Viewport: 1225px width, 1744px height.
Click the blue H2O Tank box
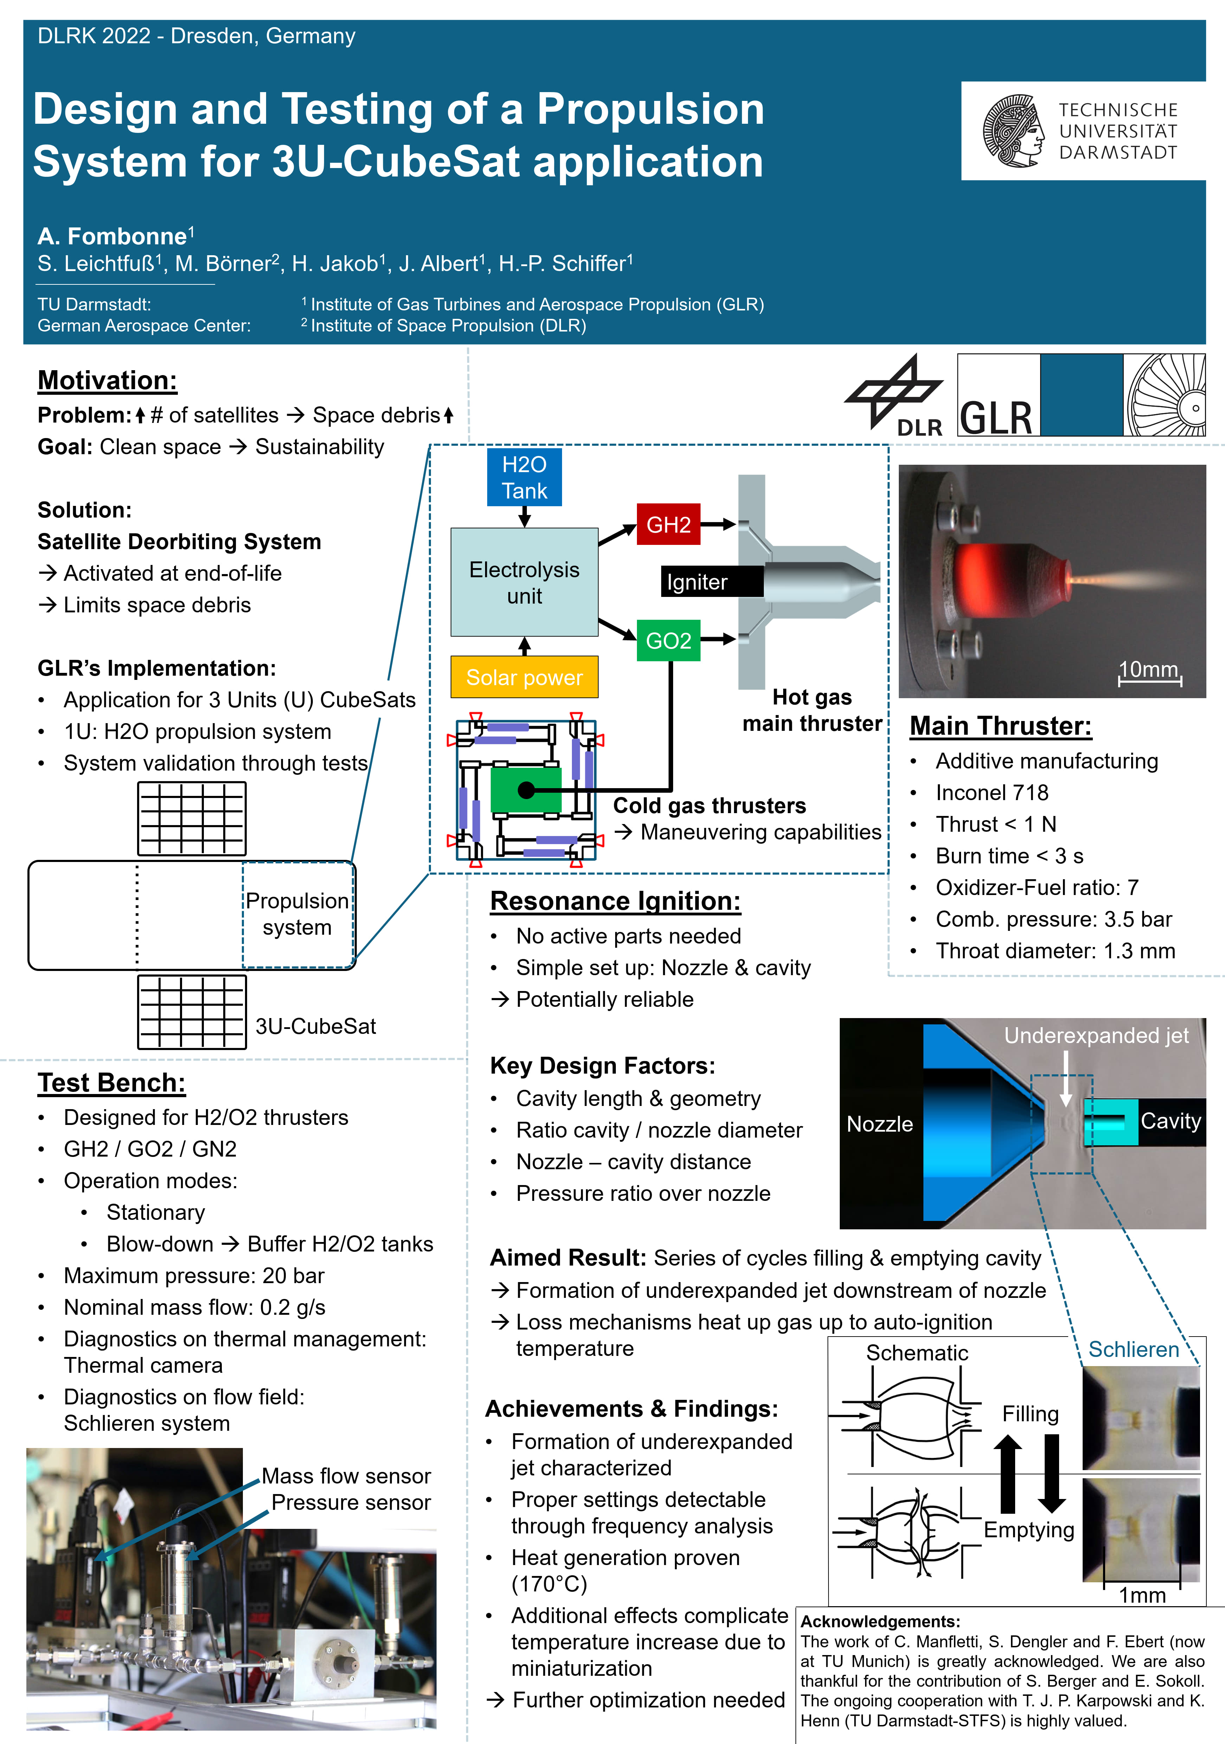pyautogui.click(x=524, y=477)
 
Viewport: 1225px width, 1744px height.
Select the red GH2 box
pyautogui.click(x=668, y=524)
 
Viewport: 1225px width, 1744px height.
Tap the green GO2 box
pyautogui.click(x=668, y=640)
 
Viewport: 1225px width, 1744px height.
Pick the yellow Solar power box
pyautogui.click(x=524, y=677)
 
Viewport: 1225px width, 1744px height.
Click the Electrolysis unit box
pyautogui.click(x=524, y=582)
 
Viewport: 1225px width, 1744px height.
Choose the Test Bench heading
pyautogui.click(x=112, y=1082)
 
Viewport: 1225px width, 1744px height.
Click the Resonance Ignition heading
pyautogui.click(x=615, y=901)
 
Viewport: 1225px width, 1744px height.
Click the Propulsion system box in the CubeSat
pyautogui.click(x=298, y=915)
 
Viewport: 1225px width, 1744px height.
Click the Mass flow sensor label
pyautogui.click(x=346, y=1476)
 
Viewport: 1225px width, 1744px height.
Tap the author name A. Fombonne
pyautogui.click(x=112, y=236)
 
